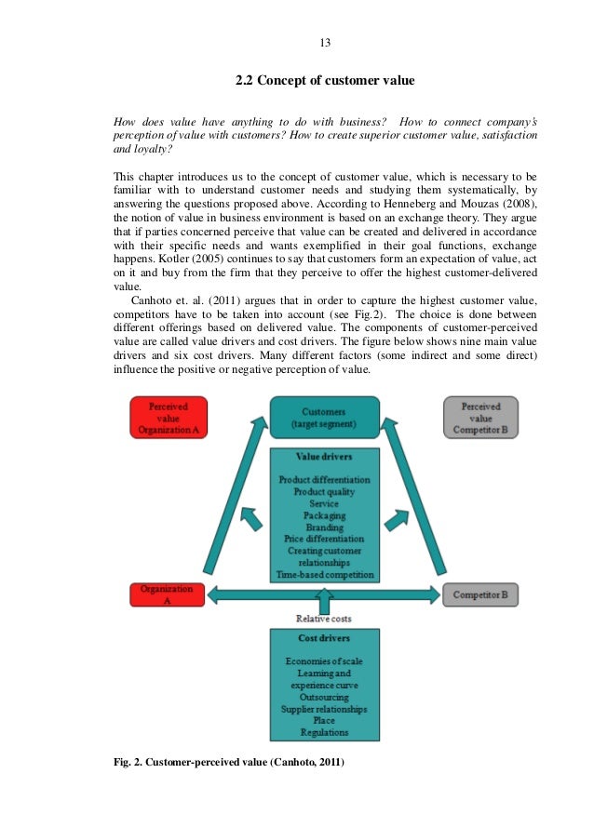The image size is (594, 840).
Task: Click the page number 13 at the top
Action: click(325, 44)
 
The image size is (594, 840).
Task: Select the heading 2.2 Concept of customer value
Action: click(324, 81)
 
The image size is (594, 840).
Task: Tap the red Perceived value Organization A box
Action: click(169, 418)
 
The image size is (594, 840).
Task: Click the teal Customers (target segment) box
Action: click(325, 418)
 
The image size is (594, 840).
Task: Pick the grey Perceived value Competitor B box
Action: click(479, 418)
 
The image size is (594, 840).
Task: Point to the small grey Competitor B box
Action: click(480, 593)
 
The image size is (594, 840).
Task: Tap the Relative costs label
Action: click(324, 619)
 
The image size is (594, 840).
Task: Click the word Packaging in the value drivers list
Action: click(324, 514)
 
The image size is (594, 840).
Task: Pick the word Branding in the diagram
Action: click(324, 527)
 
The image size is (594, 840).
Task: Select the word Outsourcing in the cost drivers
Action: click(324, 697)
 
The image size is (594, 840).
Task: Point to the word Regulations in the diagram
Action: click(324, 733)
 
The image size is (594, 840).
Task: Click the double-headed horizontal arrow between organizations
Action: click(324, 593)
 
